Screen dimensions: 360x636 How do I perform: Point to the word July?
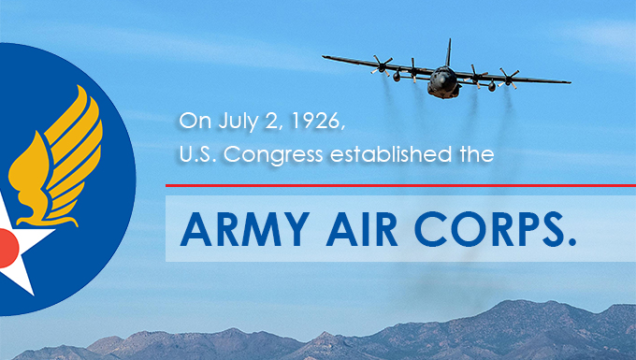pyautogui.click(x=228, y=122)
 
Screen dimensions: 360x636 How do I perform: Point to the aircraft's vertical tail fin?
pyautogui.click(x=449, y=50)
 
